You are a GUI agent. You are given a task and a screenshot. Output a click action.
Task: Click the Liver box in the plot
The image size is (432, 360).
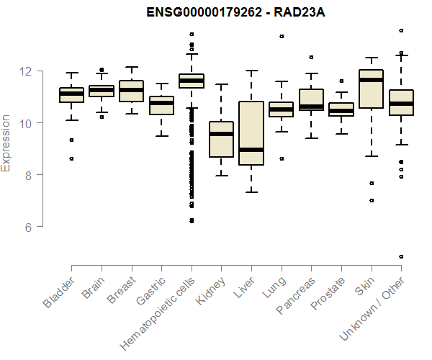(x=251, y=133)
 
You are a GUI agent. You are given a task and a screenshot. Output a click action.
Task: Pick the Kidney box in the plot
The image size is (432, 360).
(x=221, y=139)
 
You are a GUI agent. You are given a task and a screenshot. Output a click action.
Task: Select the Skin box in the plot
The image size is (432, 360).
(x=371, y=89)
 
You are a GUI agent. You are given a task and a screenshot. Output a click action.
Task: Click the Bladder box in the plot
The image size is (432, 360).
(x=71, y=94)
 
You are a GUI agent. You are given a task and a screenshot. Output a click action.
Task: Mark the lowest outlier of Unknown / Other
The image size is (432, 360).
(x=401, y=256)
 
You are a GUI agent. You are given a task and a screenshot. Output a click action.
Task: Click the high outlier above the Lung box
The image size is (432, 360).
(x=282, y=36)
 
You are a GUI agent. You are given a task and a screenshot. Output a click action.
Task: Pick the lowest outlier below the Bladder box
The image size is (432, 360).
(x=71, y=158)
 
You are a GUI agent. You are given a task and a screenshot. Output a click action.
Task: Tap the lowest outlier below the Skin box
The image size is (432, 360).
(x=372, y=200)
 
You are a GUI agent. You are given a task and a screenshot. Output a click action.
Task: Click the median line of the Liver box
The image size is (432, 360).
(x=251, y=150)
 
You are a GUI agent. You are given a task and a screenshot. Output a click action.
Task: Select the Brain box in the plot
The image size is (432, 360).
(x=102, y=91)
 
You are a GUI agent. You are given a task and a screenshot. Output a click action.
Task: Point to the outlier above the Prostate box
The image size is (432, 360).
(x=341, y=81)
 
